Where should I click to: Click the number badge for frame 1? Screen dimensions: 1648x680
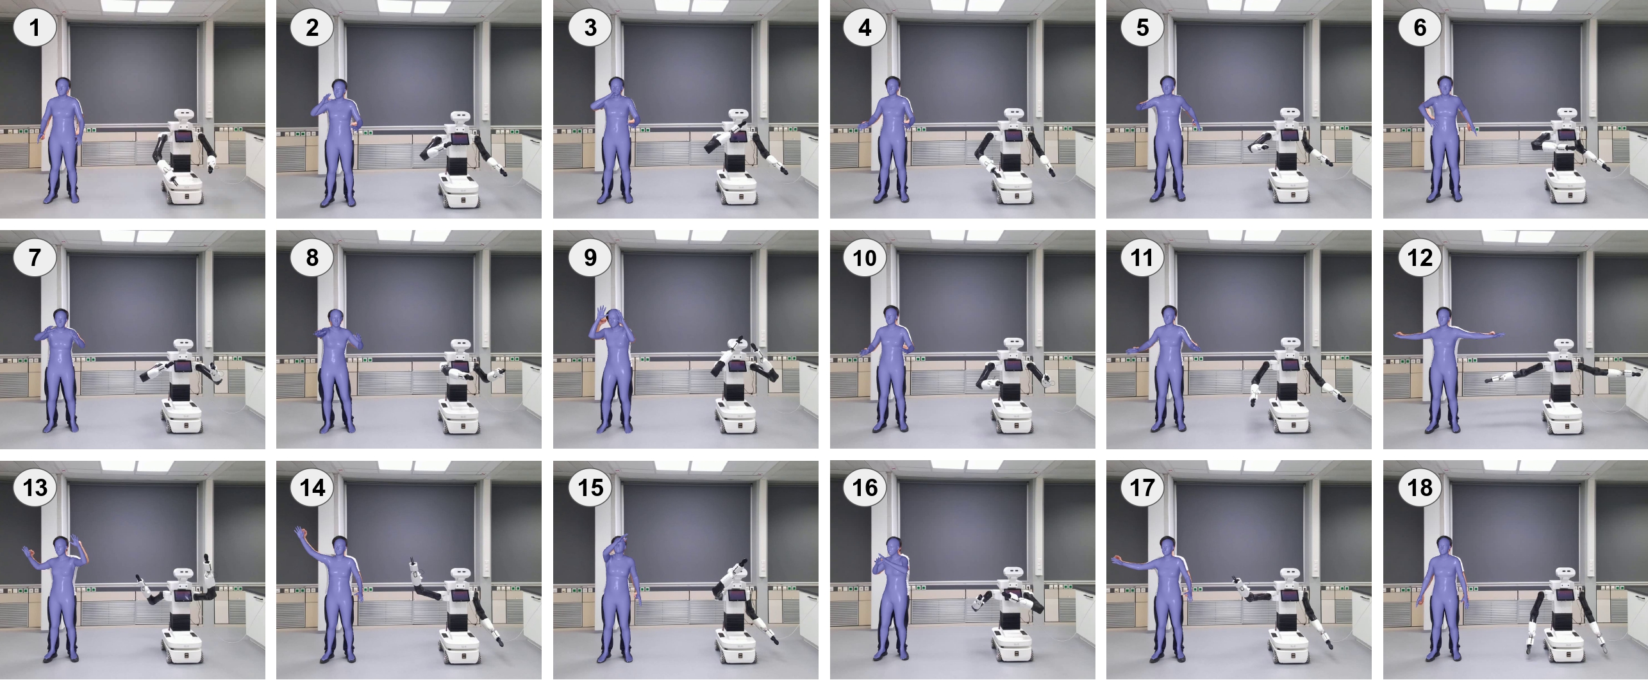[x=35, y=28]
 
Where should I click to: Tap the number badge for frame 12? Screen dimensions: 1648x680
[x=1420, y=258]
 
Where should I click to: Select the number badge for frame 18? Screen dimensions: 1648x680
[x=1420, y=488]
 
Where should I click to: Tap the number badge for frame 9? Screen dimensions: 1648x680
[x=590, y=258]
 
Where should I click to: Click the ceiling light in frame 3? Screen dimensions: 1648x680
[x=685, y=6]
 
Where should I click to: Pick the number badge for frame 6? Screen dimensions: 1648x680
[x=1420, y=28]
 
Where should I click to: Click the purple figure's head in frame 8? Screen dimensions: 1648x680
[x=335, y=320]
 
